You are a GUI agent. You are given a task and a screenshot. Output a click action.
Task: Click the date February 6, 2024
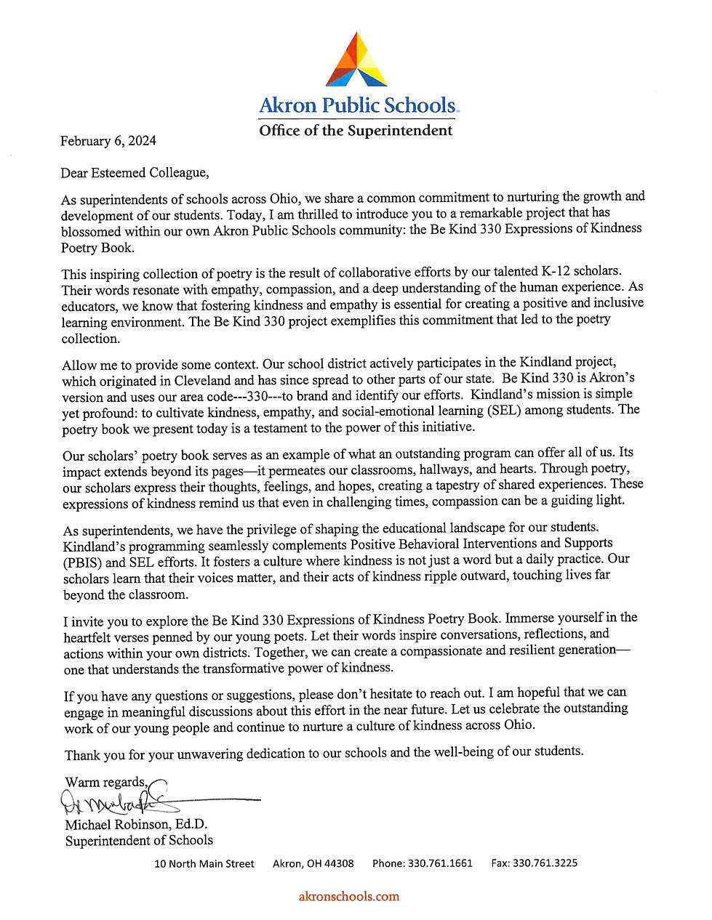tap(108, 141)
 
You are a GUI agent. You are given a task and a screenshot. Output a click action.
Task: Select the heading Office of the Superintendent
tap(356, 131)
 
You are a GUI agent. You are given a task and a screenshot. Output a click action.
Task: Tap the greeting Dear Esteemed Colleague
tap(135, 173)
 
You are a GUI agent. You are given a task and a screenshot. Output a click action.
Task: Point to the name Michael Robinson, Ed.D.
tap(136, 824)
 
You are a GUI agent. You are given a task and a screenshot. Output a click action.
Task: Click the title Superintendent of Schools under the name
tap(139, 840)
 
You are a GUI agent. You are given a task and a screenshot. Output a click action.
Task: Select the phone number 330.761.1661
tap(439, 863)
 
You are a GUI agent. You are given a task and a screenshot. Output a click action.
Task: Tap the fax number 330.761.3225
tap(545, 863)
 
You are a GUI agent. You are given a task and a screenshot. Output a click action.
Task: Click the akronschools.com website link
tap(349, 896)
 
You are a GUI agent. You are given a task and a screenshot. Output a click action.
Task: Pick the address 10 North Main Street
tap(204, 863)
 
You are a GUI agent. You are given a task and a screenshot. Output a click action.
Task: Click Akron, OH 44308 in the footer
tap(313, 863)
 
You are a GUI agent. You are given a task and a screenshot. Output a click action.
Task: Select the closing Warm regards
tap(106, 782)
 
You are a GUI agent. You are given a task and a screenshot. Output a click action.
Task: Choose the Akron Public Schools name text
tap(357, 106)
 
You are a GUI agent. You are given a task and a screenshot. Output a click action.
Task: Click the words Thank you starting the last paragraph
tap(95, 755)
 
